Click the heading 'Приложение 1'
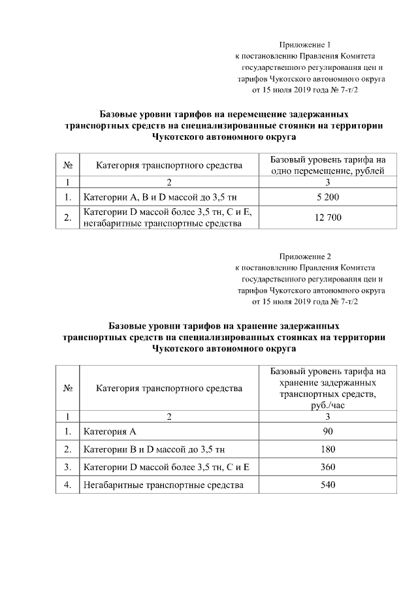pyautogui.click(x=306, y=45)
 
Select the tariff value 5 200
pyautogui.click(x=327, y=197)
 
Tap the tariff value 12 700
pyautogui.click(x=327, y=217)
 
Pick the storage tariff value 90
pyautogui.click(x=328, y=432)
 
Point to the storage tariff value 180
pyautogui.click(x=328, y=449)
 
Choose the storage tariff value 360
pyautogui.click(x=328, y=467)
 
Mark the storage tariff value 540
pyautogui.click(x=328, y=485)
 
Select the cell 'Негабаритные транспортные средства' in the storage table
pyautogui.click(x=163, y=485)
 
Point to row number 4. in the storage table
pyautogui.click(x=67, y=485)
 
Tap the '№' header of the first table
pyautogui.click(x=67, y=165)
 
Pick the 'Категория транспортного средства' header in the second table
pyautogui.click(x=169, y=388)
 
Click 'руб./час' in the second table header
pyautogui.click(x=328, y=405)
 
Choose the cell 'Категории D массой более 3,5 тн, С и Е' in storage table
pyautogui.click(x=167, y=467)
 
